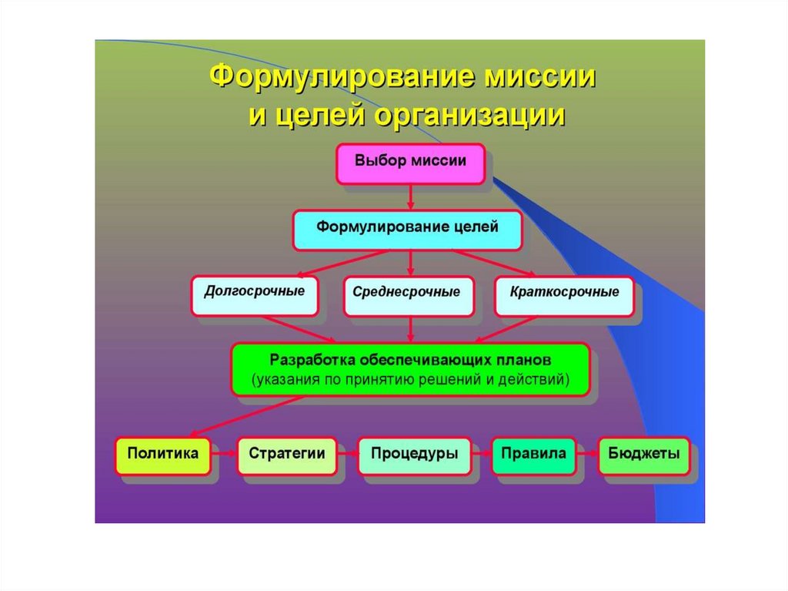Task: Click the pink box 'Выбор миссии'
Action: (x=410, y=163)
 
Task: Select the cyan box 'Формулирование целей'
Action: (x=408, y=230)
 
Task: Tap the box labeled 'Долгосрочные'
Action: (x=254, y=294)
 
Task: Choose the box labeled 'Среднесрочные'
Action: (x=408, y=295)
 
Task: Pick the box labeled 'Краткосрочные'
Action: (x=564, y=295)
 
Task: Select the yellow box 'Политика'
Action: (x=162, y=455)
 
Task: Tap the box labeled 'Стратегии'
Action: (x=286, y=455)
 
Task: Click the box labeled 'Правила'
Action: (x=533, y=455)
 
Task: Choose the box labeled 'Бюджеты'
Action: (x=643, y=455)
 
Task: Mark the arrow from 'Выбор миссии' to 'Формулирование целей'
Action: (x=410, y=196)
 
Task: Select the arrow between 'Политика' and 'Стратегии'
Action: (x=224, y=455)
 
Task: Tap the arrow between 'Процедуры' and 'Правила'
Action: (x=480, y=455)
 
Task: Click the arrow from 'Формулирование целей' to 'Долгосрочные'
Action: (x=339, y=264)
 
